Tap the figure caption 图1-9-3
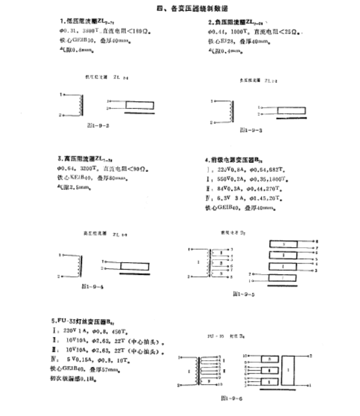point(251,129)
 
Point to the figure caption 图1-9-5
point(244,294)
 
